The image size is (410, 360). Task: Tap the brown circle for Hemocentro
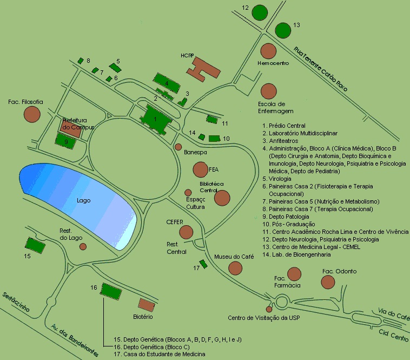[268, 51]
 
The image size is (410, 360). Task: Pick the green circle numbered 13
[282, 30]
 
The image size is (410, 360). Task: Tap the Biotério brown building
[146, 304]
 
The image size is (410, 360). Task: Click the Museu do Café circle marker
[235, 267]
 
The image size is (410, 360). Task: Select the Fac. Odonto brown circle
[328, 282]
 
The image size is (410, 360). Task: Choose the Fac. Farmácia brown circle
[294, 274]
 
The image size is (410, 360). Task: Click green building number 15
[35, 244]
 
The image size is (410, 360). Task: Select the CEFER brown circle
[186, 232]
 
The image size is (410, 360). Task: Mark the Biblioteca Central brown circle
[222, 198]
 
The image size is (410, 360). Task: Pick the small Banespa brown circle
[178, 147]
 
